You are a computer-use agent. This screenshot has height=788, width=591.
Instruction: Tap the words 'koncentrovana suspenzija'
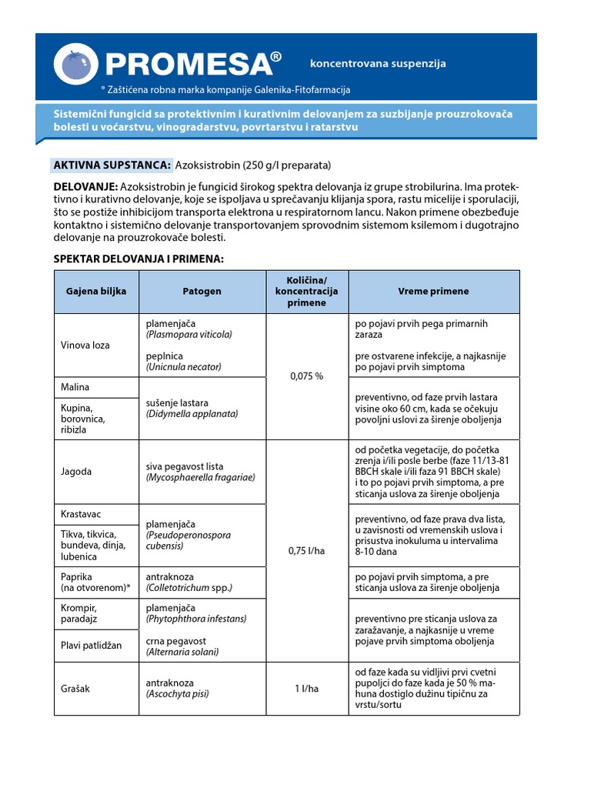click(x=377, y=64)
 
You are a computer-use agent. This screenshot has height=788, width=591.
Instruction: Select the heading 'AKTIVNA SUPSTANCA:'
click(x=112, y=165)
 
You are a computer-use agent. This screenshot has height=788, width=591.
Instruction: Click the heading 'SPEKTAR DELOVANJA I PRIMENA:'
click(x=139, y=259)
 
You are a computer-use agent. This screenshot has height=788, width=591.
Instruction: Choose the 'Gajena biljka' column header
click(x=96, y=292)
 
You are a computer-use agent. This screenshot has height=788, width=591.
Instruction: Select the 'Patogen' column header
click(x=202, y=292)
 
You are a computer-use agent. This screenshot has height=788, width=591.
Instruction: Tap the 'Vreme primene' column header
click(x=433, y=292)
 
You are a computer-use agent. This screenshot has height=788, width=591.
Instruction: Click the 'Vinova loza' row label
click(x=85, y=345)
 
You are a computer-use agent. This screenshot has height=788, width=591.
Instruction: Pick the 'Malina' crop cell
click(x=75, y=386)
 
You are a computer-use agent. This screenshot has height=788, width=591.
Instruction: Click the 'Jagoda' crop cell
click(x=76, y=471)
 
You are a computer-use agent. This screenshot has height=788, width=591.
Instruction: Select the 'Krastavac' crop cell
click(x=82, y=513)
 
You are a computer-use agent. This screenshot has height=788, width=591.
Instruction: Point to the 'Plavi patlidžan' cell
click(x=92, y=645)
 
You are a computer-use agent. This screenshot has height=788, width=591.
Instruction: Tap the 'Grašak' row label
click(x=76, y=688)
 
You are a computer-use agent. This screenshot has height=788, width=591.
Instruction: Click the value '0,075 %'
click(x=306, y=376)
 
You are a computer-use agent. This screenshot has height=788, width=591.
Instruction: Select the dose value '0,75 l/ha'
click(x=306, y=551)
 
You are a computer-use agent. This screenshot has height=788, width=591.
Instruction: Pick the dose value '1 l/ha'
click(x=306, y=688)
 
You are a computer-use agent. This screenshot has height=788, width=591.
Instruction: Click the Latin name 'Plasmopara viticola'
click(x=189, y=335)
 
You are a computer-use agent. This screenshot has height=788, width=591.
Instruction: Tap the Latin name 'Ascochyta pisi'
click(x=178, y=693)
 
